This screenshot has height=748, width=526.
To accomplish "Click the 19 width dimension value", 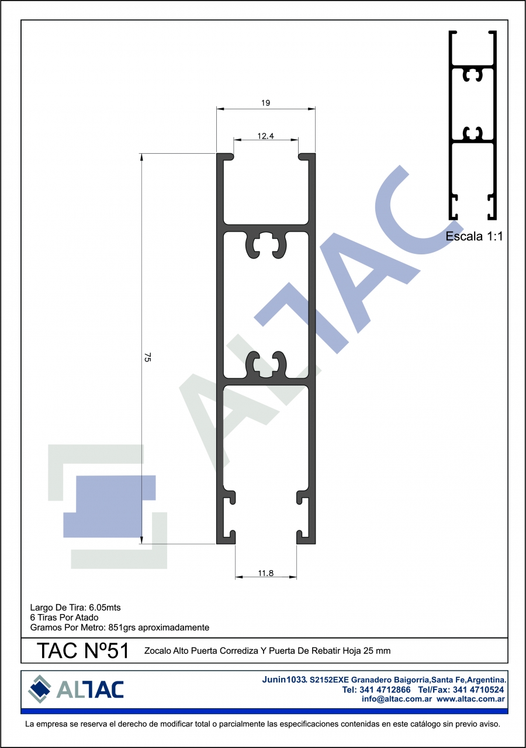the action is (x=266, y=103).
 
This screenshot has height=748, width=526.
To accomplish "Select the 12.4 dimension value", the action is (x=266, y=136).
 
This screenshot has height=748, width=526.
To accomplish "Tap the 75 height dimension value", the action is (x=147, y=357).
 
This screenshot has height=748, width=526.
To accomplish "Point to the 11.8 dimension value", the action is (x=266, y=573).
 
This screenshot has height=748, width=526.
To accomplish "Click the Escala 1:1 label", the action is (x=474, y=236).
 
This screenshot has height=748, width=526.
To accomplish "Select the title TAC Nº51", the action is (x=83, y=650).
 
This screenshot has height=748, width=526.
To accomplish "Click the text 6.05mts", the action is (x=105, y=607).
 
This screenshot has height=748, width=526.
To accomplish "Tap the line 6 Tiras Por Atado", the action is (x=64, y=617).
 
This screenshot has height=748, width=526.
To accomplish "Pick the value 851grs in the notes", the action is (x=122, y=627).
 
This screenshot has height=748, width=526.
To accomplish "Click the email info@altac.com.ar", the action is (x=397, y=698).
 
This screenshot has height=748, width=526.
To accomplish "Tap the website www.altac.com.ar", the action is (x=470, y=698).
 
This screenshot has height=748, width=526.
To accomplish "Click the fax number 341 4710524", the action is (x=478, y=690).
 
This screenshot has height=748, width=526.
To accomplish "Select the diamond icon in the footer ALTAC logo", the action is (x=40, y=689).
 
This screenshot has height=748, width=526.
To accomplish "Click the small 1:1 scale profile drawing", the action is (x=473, y=125).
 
